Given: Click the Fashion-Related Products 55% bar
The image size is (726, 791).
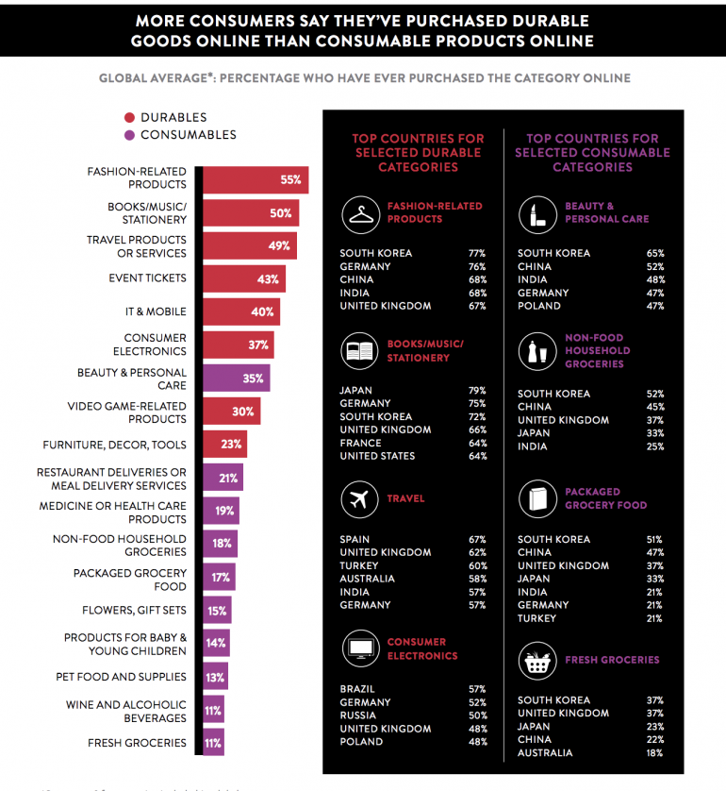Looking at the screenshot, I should pos(255,179).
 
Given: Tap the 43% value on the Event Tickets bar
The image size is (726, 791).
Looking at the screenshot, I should pos(268,279).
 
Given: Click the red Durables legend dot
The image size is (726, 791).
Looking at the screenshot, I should pos(129,118).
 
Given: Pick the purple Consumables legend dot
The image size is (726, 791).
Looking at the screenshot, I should pos(129,135).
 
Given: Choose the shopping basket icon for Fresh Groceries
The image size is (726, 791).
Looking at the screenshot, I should pos(536,661).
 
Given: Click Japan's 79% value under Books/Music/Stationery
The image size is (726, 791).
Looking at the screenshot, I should pos(476,390).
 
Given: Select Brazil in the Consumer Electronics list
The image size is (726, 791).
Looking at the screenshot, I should pos(357,689).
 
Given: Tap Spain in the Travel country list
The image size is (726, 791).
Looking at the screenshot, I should pos(355,539).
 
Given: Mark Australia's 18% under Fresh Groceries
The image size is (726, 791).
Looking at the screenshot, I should pos(654,753).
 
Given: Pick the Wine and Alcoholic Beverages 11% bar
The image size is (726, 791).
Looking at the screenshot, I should pos(214,711).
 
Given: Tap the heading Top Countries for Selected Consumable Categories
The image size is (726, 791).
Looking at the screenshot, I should pos(592,153).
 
